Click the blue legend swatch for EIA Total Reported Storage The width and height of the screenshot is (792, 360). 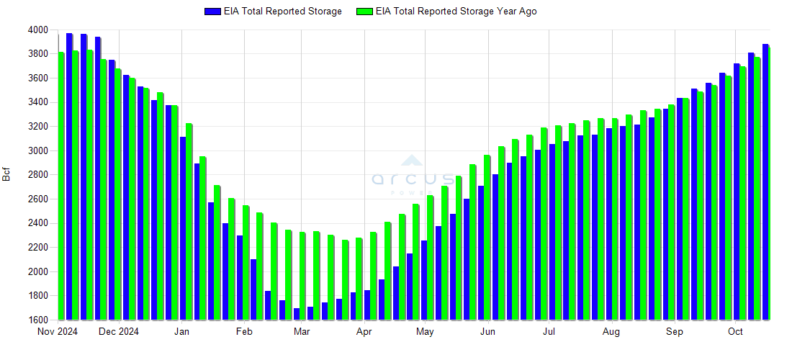point(212,12)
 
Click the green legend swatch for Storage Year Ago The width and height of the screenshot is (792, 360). point(364,12)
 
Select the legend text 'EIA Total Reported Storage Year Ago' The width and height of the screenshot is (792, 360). point(456,12)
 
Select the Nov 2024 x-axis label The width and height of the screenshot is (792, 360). point(58,332)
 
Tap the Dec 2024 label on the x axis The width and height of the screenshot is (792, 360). point(119,332)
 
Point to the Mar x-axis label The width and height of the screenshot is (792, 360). point(302,332)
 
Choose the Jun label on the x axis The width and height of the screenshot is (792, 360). point(487,332)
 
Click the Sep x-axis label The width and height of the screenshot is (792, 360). point(674,332)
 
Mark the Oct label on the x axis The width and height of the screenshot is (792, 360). point(735,332)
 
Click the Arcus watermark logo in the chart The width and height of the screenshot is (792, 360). point(412,176)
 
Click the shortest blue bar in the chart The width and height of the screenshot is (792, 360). point(297,314)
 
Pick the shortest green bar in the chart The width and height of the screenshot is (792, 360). point(346,280)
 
